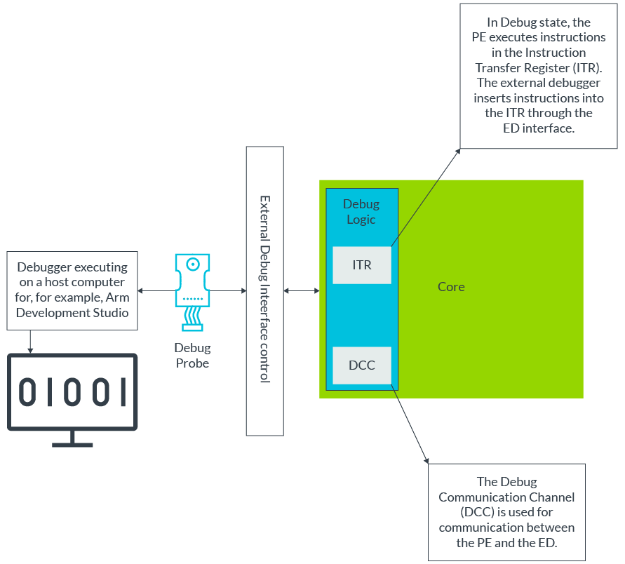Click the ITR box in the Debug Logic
[361, 265]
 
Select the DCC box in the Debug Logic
[361, 365]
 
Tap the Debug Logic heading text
[361, 212]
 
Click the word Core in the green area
[451, 287]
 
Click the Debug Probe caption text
[192, 356]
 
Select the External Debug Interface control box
[265, 290]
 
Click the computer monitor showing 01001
[72, 392]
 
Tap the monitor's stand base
[72, 443]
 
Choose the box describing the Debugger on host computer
[72, 290]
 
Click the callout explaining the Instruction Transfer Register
[538, 75]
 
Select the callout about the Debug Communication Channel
[506, 512]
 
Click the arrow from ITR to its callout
[425, 197]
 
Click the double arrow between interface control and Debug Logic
[301, 290]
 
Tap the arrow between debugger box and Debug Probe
[156, 290]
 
